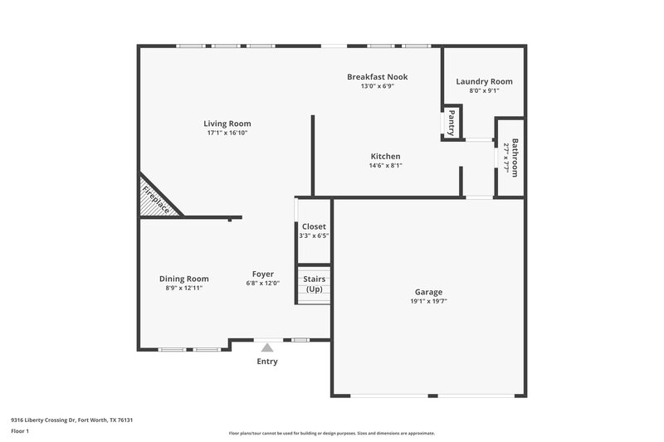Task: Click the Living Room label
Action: pyautogui.click(x=227, y=124)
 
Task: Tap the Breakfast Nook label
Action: pyautogui.click(x=377, y=77)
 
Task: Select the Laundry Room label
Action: pyautogui.click(x=484, y=81)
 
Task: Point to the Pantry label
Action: pyautogui.click(x=452, y=123)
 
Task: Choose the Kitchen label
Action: pyautogui.click(x=385, y=156)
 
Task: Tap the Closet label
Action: pyautogui.click(x=314, y=226)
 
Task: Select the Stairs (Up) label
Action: pyautogui.click(x=314, y=284)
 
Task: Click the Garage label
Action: pyautogui.click(x=428, y=292)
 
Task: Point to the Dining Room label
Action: pyautogui.click(x=184, y=279)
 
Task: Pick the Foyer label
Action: pyautogui.click(x=263, y=274)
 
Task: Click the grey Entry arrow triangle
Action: pyautogui.click(x=266, y=348)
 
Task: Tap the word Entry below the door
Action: pyautogui.click(x=267, y=362)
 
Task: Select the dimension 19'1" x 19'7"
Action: pyautogui.click(x=428, y=301)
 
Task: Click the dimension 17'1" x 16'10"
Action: pyautogui.click(x=227, y=133)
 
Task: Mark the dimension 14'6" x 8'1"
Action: pyautogui.click(x=385, y=165)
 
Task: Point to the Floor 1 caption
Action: pyautogui.click(x=20, y=432)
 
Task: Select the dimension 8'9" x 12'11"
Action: pyautogui.click(x=184, y=288)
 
